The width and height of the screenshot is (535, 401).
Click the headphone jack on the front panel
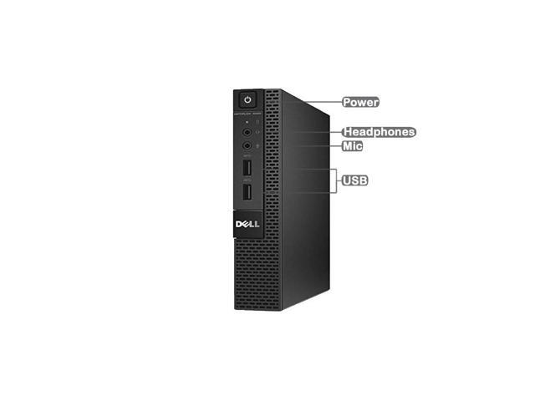[x=247, y=131]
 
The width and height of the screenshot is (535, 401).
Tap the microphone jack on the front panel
[x=247, y=145]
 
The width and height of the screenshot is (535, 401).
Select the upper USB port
[x=248, y=169]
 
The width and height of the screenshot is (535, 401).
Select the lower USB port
[x=248, y=193]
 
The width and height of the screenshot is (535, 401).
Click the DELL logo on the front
[x=248, y=225]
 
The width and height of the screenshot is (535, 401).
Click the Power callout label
[x=361, y=102]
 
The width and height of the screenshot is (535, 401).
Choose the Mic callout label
[x=353, y=145]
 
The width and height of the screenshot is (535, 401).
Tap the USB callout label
[x=356, y=180]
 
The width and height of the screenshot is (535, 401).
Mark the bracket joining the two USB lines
[x=336, y=180]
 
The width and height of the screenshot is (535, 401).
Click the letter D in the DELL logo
[x=239, y=225]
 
